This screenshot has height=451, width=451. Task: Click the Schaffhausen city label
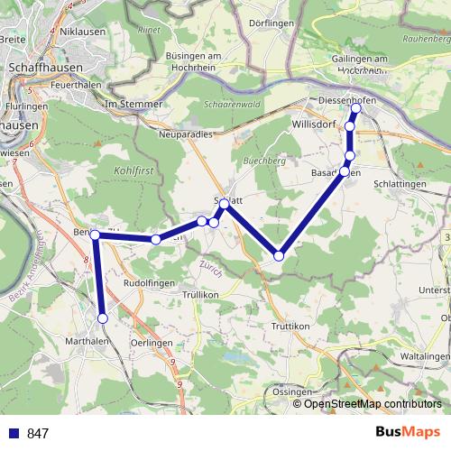(44, 67)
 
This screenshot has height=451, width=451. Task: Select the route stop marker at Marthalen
(103, 318)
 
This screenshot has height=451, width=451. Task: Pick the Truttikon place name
(290, 325)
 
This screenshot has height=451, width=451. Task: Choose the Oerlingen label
(152, 342)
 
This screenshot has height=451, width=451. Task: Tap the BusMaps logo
(407, 433)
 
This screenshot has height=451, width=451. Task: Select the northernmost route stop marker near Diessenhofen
(355, 108)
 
